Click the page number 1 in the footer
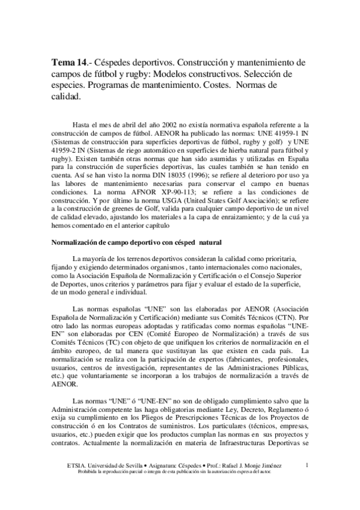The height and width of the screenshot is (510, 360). (x=307, y=464)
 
